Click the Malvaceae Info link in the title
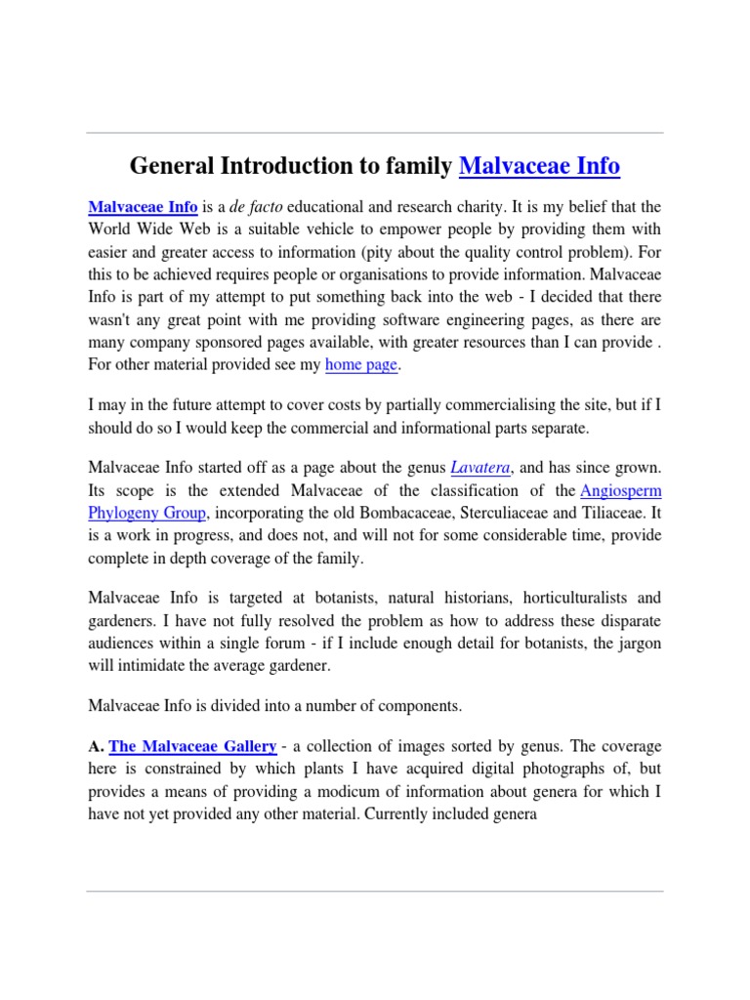click(x=539, y=166)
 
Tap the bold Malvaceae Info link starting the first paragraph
click(x=144, y=208)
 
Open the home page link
click(x=361, y=364)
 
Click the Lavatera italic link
click(x=479, y=468)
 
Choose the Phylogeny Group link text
click(x=148, y=513)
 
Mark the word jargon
click(x=640, y=642)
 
